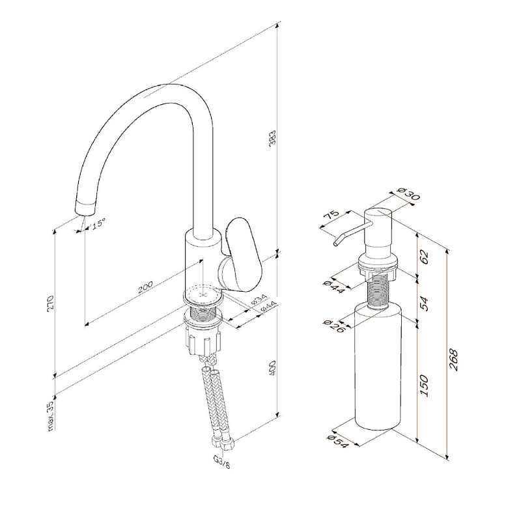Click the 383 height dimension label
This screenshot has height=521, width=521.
(272, 138)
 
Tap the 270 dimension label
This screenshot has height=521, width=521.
(51, 302)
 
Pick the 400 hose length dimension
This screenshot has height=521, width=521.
(272, 368)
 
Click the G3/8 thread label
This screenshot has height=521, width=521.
(221, 462)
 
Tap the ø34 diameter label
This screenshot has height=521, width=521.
(258, 300)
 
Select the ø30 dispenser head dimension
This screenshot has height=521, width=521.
(409, 193)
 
